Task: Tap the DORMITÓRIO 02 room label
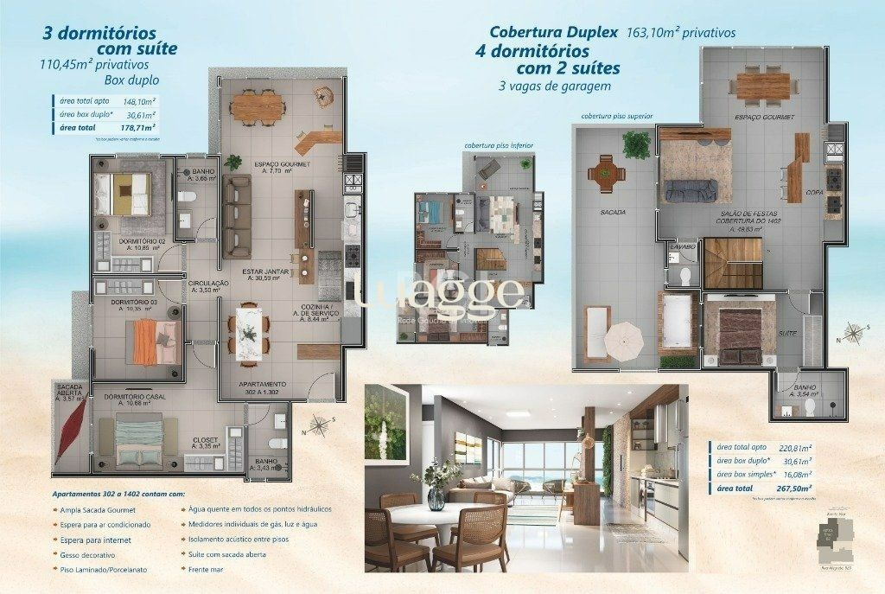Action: click(x=143, y=241)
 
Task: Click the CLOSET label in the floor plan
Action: click(x=204, y=439)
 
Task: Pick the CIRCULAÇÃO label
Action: click(x=208, y=283)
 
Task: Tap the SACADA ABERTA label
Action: click(x=69, y=390)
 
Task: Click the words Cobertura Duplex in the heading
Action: click(x=554, y=32)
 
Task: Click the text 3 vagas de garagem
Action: click(x=555, y=86)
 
